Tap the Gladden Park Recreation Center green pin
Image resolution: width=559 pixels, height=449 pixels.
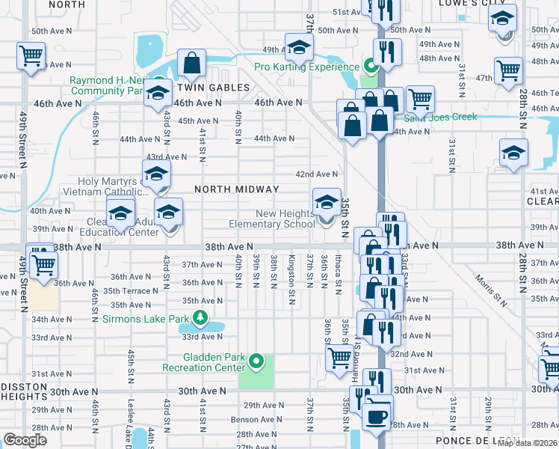(x=256, y=362)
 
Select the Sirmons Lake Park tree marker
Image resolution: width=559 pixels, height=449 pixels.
(x=200, y=319)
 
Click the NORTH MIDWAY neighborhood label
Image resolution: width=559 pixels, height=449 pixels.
(x=236, y=190)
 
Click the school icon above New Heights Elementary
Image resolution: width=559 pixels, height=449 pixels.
(x=327, y=203)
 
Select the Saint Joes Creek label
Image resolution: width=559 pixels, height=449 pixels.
(x=440, y=117)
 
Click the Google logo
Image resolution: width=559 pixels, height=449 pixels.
(x=25, y=440)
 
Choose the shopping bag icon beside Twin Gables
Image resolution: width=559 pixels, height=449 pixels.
(x=192, y=64)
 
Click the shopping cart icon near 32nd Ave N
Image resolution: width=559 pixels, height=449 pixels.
(x=339, y=360)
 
